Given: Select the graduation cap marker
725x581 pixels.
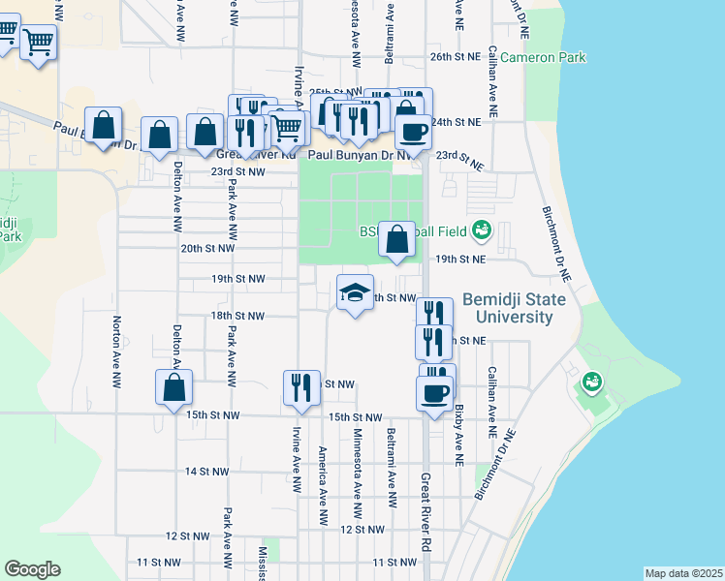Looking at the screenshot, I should (x=356, y=292).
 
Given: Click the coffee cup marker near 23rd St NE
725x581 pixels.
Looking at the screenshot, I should (x=413, y=132).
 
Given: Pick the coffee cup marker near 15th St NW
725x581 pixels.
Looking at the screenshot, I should (x=434, y=393).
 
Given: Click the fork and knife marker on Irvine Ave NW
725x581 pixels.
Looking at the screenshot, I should (x=301, y=386).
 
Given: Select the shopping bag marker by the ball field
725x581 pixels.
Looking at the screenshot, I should (x=396, y=239).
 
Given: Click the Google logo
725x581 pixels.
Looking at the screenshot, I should (x=32, y=569).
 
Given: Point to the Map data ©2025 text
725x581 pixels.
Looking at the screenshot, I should (x=683, y=573).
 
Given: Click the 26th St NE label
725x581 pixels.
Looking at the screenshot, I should (x=456, y=58).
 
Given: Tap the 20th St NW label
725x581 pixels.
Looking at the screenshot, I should (x=208, y=248).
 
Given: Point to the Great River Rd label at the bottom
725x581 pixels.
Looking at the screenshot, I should (x=425, y=513).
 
